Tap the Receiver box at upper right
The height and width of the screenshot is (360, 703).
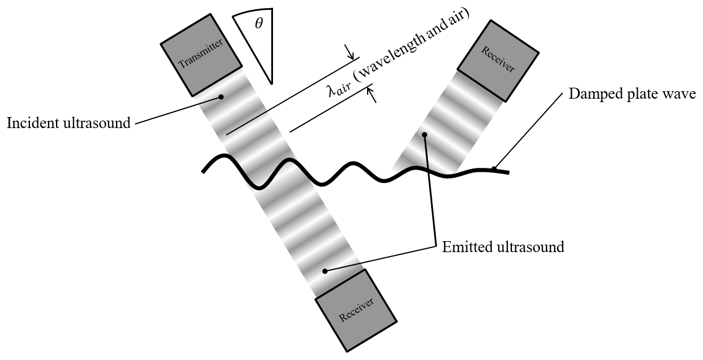pyautogui.click(x=498, y=59)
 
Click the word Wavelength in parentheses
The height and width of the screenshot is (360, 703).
pyautogui.click(x=398, y=57)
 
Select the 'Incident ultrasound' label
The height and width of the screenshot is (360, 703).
pyautogui.click(x=69, y=123)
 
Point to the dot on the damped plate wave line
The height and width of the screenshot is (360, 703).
pyautogui.click(x=493, y=168)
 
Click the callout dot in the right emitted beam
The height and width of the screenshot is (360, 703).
pyautogui.click(x=424, y=136)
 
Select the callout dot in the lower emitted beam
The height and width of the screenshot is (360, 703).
pyautogui.click(x=325, y=271)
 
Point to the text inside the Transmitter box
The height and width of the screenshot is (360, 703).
pyautogui.click(x=200, y=55)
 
